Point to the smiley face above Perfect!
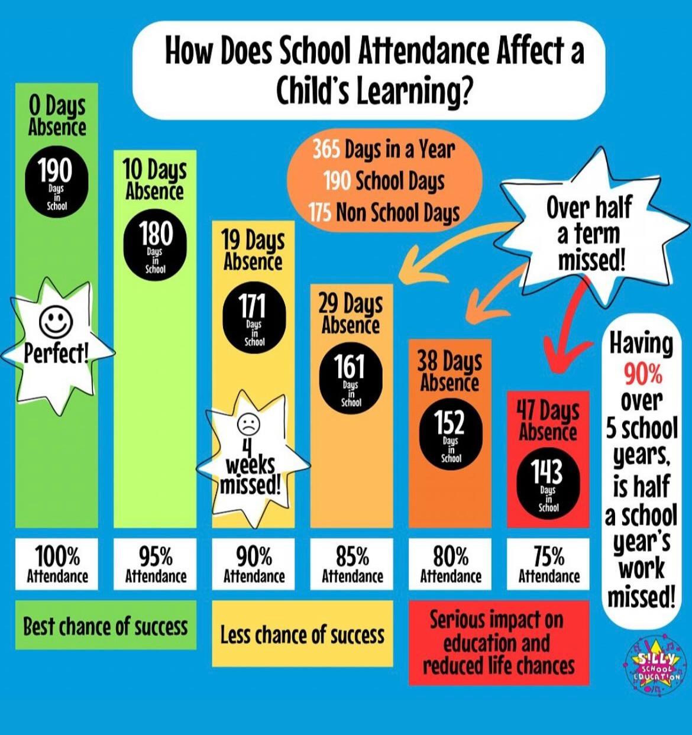point(56,321)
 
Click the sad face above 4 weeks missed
point(248,423)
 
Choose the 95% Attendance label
point(155,564)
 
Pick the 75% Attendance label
point(548,564)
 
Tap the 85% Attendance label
point(352,564)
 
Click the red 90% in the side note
point(642,373)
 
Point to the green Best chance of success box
point(105,625)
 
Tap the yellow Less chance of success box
point(302,634)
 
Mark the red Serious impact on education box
point(499,643)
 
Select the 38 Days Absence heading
point(450,371)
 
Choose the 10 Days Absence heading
point(154,179)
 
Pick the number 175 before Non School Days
point(319,212)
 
